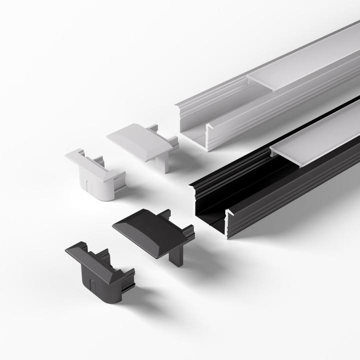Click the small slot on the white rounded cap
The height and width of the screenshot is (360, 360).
[88, 186]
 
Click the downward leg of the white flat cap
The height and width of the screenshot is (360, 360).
[164, 161]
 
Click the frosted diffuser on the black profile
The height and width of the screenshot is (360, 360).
[320, 135]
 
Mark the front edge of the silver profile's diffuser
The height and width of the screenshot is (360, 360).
[260, 83]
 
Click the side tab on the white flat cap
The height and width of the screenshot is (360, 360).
[173, 142]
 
